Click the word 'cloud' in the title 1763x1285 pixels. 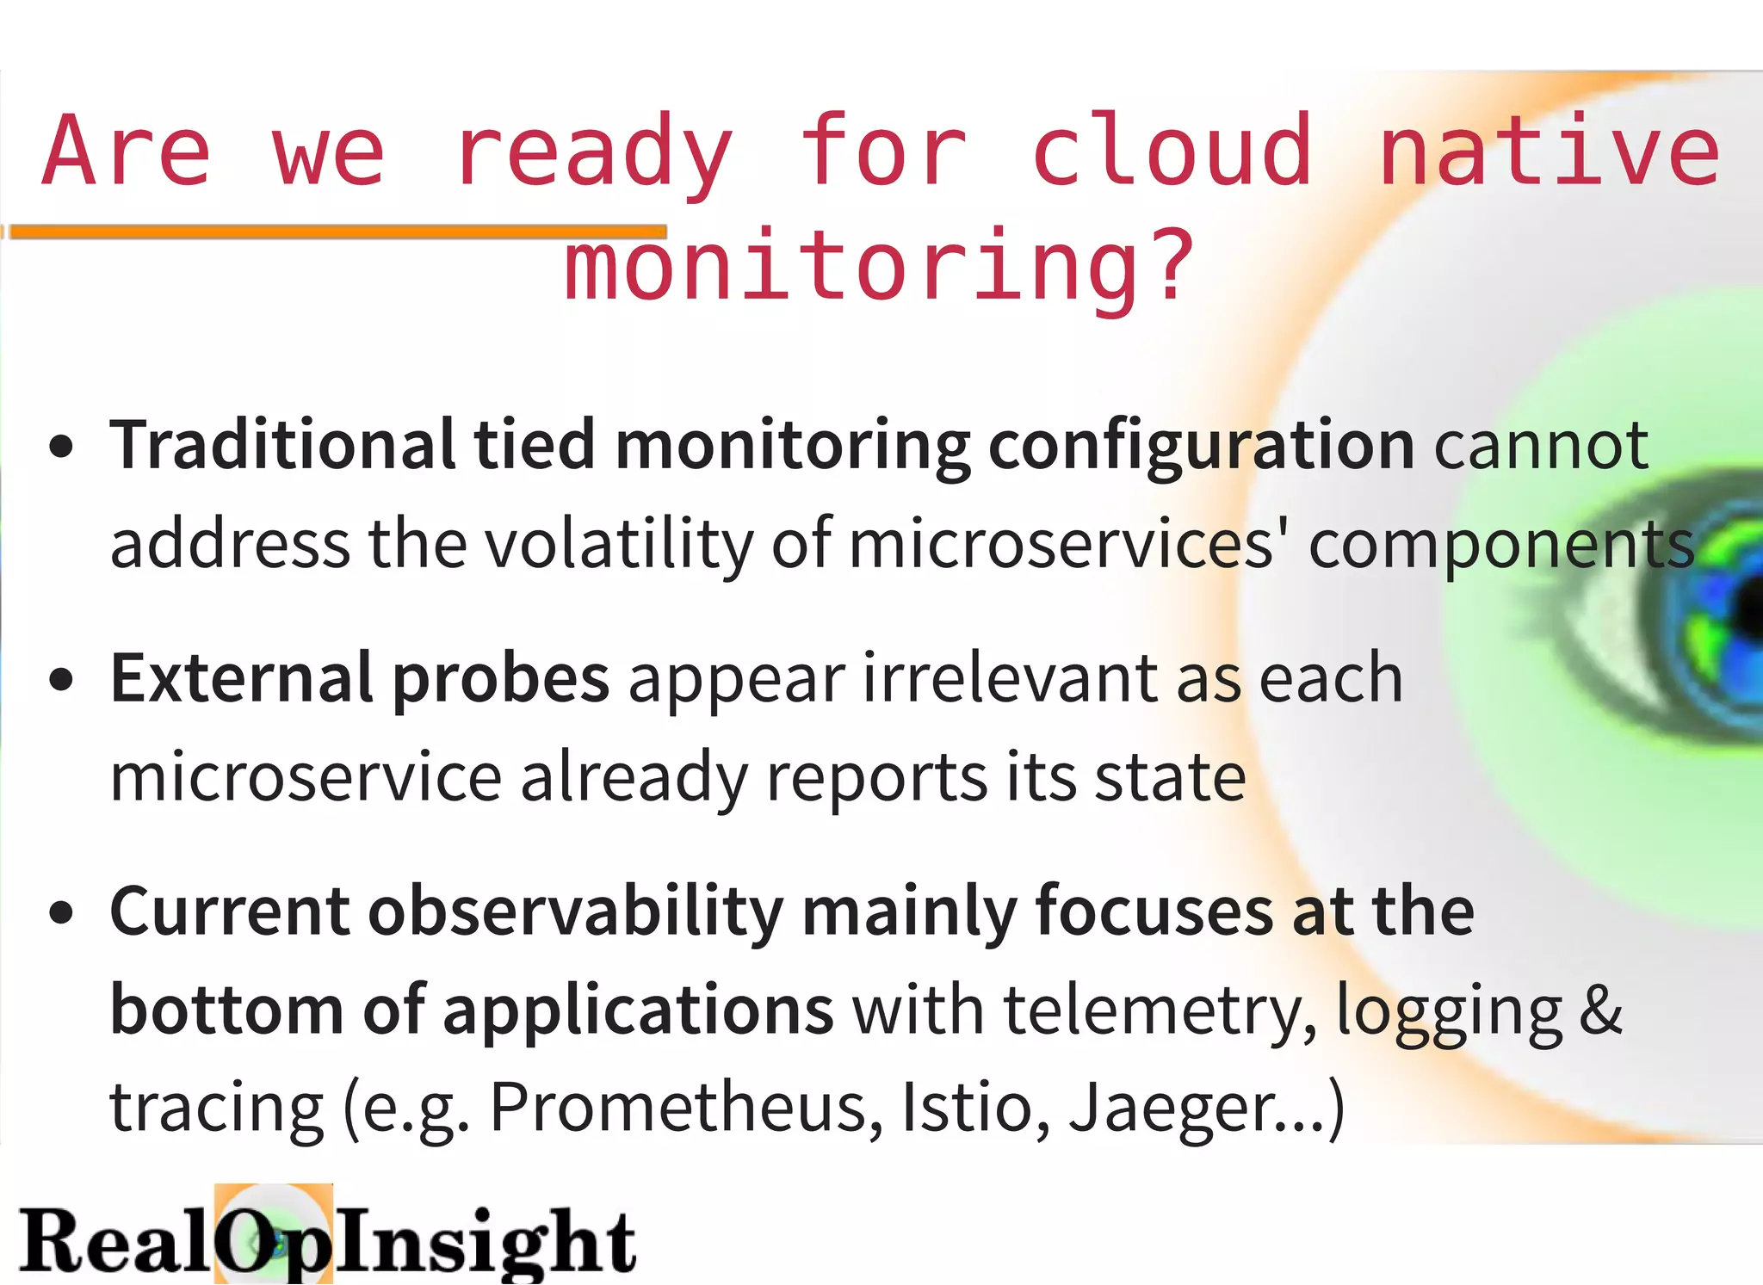click(1172, 151)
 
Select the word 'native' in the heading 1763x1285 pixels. click(1549, 151)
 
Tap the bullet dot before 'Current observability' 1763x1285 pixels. click(61, 913)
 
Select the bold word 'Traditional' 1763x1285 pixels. click(282, 445)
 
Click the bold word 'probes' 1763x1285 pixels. click(501, 680)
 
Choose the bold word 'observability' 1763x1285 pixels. click(575, 912)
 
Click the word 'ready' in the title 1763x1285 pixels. click(594, 153)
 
